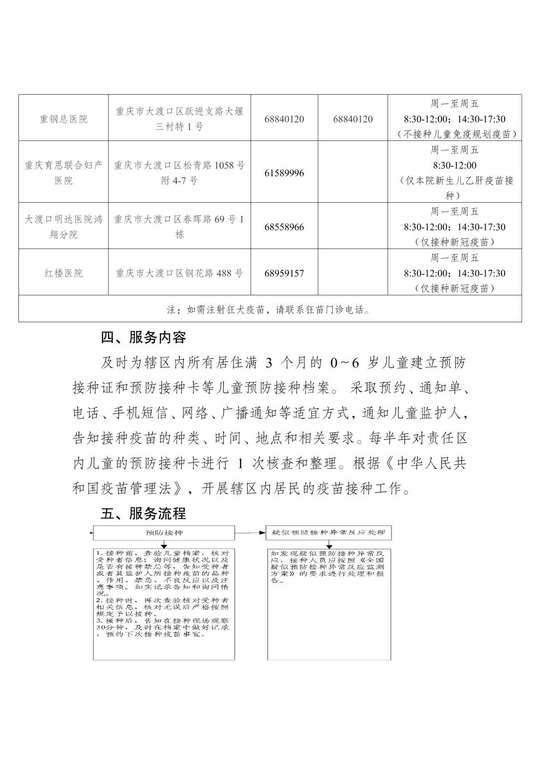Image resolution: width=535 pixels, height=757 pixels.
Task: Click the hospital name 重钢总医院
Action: [63, 119]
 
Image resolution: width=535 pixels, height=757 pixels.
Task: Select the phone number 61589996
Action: [284, 173]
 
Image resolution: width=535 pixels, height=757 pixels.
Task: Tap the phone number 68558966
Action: [284, 227]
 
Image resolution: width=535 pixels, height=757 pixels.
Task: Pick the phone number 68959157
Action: [284, 273]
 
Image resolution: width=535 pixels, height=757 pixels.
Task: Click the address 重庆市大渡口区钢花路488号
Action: [179, 273]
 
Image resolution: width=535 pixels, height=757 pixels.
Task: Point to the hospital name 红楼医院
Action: [63, 273]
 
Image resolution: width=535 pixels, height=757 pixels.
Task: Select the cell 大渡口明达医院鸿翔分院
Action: [63, 227]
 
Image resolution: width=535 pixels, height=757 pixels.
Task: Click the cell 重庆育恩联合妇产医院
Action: [63, 173]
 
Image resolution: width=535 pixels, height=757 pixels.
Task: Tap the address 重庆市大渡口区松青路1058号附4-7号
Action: [179, 173]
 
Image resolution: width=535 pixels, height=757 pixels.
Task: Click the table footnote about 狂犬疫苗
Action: [269, 310]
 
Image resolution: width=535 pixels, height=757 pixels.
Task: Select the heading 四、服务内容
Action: [143, 338]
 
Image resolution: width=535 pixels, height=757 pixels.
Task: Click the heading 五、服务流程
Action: [143, 513]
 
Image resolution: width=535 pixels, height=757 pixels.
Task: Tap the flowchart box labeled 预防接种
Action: [164, 533]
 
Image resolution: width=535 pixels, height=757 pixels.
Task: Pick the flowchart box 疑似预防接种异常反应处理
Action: [329, 533]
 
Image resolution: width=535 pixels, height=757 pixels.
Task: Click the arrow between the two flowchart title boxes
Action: [251, 533]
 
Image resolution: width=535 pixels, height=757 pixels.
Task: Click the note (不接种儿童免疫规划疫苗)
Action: [454, 134]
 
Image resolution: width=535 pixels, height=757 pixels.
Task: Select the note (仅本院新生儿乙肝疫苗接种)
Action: [454, 188]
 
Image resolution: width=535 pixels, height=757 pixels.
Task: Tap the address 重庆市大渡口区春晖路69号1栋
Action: [179, 227]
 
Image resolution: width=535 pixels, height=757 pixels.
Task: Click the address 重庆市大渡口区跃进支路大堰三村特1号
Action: [179, 119]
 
